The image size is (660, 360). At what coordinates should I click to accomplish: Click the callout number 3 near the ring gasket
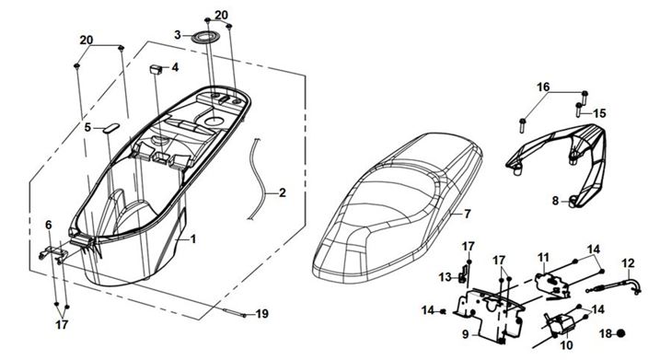pyautogui.click(x=178, y=35)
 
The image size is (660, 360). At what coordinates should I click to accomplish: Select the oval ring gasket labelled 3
pyautogui.click(x=203, y=38)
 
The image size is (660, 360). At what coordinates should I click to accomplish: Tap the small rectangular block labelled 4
pyautogui.click(x=156, y=69)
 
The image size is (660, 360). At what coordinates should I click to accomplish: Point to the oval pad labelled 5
pyautogui.click(x=110, y=128)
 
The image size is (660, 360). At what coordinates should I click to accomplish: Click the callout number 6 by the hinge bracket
pyautogui.click(x=49, y=226)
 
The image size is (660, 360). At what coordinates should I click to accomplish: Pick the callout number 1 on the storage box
pyautogui.click(x=193, y=239)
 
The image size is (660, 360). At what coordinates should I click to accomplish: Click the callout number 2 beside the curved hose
pyautogui.click(x=282, y=192)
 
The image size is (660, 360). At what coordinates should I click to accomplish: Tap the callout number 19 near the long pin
pyautogui.click(x=261, y=314)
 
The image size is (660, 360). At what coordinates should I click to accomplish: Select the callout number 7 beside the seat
pyautogui.click(x=468, y=214)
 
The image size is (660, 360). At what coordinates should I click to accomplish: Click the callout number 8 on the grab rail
pyautogui.click(x=555, y=201)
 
